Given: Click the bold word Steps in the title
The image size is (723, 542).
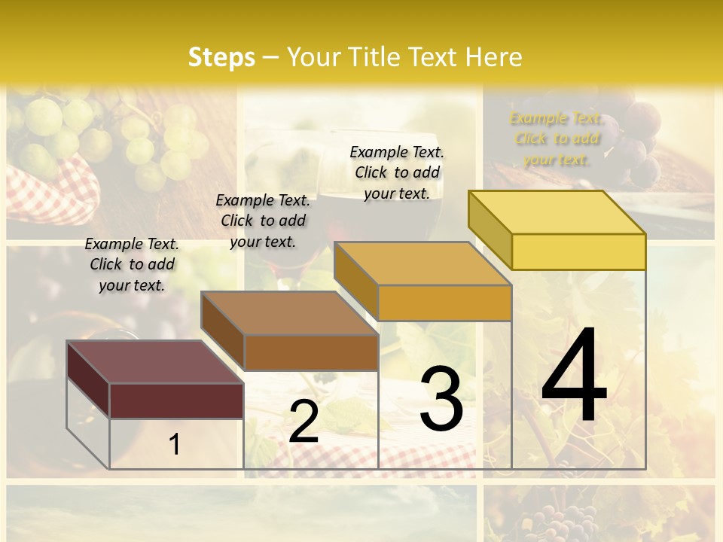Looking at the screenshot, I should (x=221, y=57).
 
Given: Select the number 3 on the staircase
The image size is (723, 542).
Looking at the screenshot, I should (x=441, y=398).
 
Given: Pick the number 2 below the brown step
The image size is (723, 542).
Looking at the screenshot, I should (x=304, y=422).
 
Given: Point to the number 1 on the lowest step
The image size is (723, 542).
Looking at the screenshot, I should (x=175, y=444).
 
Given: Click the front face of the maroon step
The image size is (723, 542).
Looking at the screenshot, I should (x=176, y=400).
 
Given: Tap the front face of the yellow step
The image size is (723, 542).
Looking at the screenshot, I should (x=578, y=251).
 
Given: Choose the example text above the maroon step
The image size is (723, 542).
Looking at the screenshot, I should (x=132, y=264).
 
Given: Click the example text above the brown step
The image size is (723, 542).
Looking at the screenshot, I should (x=263, y=221).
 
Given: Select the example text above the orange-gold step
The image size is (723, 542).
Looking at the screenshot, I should (x=397, y=172).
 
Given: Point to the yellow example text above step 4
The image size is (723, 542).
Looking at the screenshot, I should (x=557, y=139).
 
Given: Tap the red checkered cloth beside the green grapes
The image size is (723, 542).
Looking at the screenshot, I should (x=53, y=192).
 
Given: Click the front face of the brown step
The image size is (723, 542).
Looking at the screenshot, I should (x=311, y=352).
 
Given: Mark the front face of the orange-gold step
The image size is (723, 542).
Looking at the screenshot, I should (x=444, y=303).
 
